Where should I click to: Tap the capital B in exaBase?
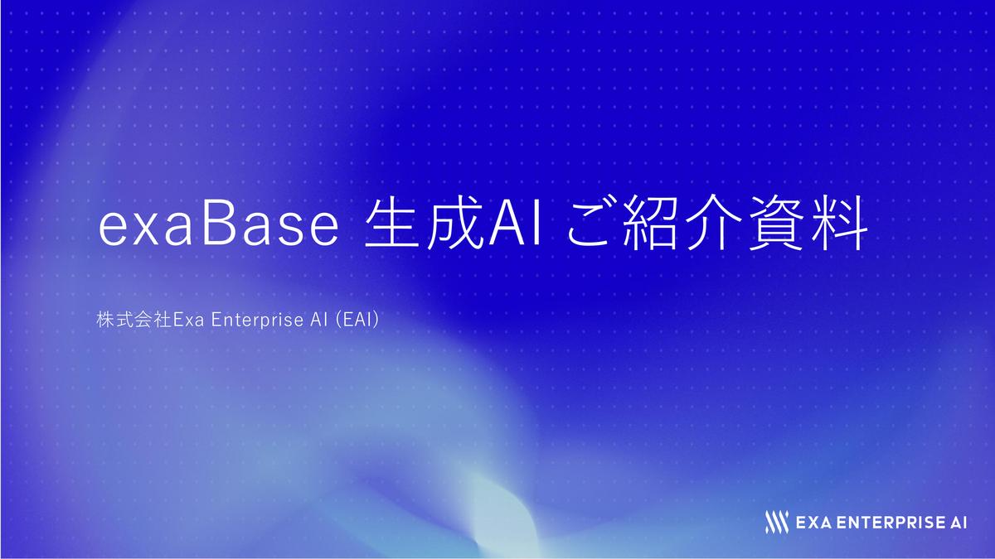point(220,223)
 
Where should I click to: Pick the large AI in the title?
point(515,223)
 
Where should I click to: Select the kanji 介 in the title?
point(713,222)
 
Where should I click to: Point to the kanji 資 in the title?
point(777,223)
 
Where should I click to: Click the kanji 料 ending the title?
point(839,223)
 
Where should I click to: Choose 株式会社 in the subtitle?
point(134,320)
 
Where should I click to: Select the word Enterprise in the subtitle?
point(257,320)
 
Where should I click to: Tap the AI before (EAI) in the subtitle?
point(319,320)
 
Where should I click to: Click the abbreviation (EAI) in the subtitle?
point(357,320)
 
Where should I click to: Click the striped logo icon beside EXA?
point(777,523)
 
